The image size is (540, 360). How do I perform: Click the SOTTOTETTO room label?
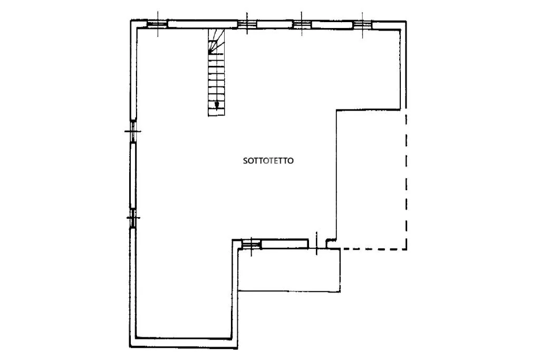tap(268, 161)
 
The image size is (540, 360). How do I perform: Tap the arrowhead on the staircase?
tap(217, 105)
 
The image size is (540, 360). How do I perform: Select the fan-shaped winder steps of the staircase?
tap(216, 41)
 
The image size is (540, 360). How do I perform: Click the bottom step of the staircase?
tap(216, 112)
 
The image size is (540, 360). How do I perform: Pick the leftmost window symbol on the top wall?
tap(158, 24)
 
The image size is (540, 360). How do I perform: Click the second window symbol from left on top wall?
tap(247, 24)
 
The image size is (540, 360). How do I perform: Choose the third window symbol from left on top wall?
tap(302, 24)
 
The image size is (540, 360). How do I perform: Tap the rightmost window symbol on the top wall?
tap(362, 24)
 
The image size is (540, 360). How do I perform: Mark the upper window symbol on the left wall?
tap(133, 131)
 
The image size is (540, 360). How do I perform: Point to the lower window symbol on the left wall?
tap(133, 218)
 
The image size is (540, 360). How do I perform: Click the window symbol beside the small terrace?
tap(251, 245)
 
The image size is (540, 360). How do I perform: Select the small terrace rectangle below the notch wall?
tap(290, 270)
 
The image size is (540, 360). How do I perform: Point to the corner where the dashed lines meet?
tap(407, 249)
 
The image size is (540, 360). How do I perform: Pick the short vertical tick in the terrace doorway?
tap(316, 244)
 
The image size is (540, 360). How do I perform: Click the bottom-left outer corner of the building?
tap(130, 347)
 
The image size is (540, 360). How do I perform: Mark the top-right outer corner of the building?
tap(407, 21)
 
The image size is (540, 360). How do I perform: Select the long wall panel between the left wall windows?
tap(133, 175)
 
